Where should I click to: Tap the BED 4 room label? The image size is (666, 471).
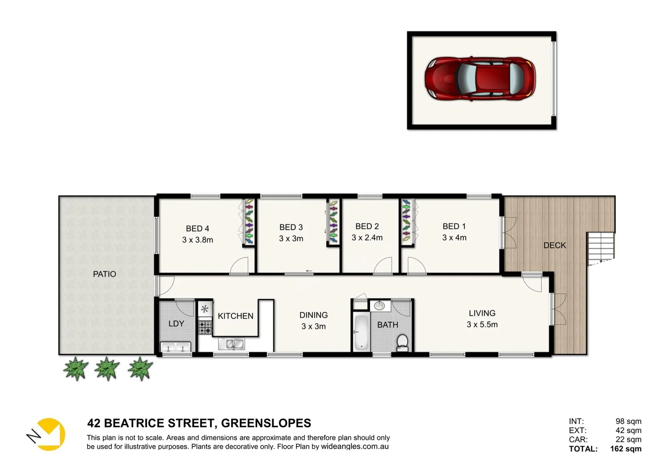click(197, 229)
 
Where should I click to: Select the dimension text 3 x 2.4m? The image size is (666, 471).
click(367, 238)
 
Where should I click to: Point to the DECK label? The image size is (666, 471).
click(554, 246)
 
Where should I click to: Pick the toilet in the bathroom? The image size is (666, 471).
click(402, 342)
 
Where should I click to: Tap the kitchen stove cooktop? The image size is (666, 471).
click(205, 327)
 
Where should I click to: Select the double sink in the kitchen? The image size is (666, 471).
click(231, 344)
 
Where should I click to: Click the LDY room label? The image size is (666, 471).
click(176, 324)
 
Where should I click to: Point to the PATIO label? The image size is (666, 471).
click(105, 274)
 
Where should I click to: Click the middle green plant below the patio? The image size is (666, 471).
click(107, 369)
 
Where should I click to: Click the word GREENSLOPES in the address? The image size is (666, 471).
click(266, 423)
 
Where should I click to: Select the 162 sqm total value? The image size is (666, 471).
click(625, 449)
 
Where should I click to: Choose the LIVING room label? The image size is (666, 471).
click(482, 313)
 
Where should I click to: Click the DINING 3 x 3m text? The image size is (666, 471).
click(313, 321)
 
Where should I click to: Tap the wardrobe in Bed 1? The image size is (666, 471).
click(407, 222)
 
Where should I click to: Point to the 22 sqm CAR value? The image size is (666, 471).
click(628, 440)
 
